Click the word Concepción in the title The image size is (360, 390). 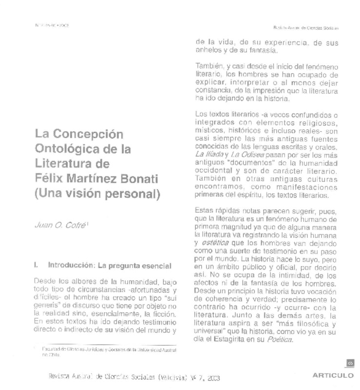click(91, 134)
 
